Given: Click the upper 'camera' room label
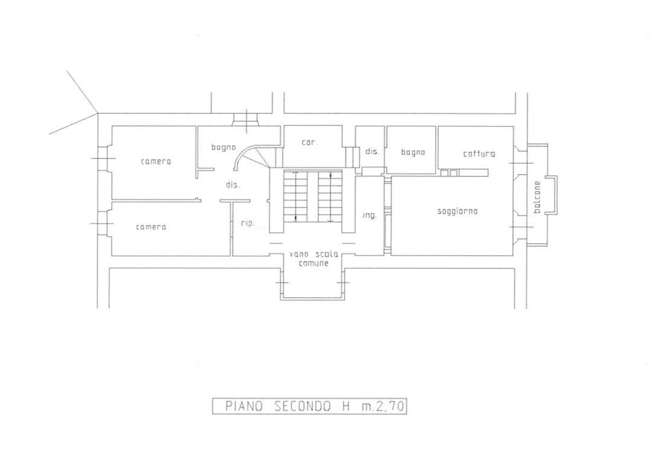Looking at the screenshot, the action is pos(156,161).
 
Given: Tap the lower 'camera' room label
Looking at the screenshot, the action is pos(151,227).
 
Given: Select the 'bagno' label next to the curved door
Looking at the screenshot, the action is pos(223,147).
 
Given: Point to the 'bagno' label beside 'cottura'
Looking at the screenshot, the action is pos(412,152).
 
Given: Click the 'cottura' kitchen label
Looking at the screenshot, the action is pos(479,153).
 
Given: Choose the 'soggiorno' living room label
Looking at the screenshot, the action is pos(458,211).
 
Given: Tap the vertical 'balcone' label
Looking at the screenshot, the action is pos(537,197).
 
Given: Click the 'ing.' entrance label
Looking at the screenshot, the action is pos(370,215).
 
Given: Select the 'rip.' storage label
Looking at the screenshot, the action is pos(248,224).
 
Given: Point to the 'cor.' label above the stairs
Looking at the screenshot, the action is pos(309,143).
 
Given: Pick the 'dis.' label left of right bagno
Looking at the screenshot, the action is pos(372,151).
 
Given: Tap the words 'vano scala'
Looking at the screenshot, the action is pos(314,254).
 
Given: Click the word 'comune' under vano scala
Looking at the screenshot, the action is pos(314,263).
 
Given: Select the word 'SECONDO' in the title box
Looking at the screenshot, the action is pos(303,407).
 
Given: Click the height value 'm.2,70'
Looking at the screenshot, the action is pos(383,407).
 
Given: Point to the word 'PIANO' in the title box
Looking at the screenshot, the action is pos(245,407).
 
